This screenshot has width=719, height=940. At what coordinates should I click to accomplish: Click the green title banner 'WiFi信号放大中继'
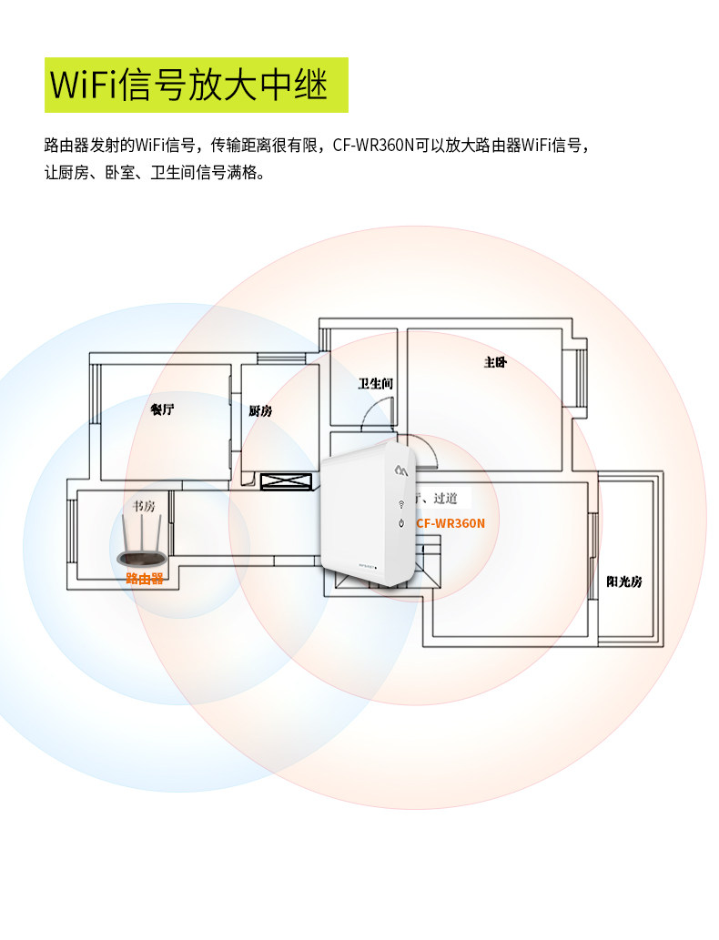click(x=197, y=85)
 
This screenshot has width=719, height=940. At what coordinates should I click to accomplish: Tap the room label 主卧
click(x=494, y=362)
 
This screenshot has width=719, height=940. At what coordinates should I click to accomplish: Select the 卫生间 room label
click(x=375, y=383)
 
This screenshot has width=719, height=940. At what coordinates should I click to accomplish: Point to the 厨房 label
click(x=260, y=410)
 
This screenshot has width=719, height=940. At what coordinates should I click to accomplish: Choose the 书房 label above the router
click(x=144, y=506)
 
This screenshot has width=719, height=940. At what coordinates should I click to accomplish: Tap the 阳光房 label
click(x=624, y=581)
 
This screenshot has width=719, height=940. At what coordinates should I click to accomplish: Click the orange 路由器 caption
click(x=144, y=578)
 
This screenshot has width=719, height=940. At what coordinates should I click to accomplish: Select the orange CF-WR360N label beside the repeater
click(x=451, y=523)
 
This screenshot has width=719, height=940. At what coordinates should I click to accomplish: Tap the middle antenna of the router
click(x=142, y=533)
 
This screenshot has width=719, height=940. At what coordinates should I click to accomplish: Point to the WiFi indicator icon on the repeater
click(x=400, y=503)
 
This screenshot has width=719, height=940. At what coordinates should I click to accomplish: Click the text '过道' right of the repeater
click(x=447, y=499)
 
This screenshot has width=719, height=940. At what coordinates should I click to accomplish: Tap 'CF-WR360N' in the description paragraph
click(x=373, y=145)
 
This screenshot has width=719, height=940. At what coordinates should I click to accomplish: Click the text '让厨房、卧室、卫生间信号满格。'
click(x=155, y=172)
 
